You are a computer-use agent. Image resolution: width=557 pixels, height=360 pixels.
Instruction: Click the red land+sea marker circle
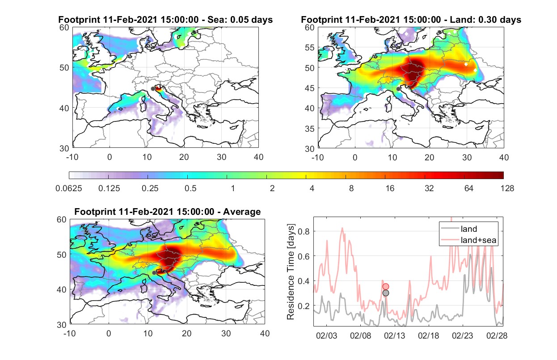[x=386, y=287]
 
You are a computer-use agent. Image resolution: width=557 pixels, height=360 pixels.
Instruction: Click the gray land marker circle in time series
[x=386, y=293]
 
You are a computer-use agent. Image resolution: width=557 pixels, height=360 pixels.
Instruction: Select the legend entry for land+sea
[x=468, y=240]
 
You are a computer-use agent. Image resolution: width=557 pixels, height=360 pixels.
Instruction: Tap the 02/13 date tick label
[x=394, y=336]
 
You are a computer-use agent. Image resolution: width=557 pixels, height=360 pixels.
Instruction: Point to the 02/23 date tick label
[x=463, y=336]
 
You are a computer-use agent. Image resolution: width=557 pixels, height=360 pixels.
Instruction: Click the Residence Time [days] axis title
[x=291, y=272]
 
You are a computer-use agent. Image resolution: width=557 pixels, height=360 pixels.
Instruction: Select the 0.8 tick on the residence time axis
[x=304, y=231]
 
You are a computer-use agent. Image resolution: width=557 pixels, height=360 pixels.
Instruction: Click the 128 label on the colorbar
[x=507, y=188]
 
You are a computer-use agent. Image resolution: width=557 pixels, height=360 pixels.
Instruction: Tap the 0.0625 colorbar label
[x=69, y=188]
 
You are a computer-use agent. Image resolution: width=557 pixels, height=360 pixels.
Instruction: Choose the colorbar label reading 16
[x=390, y=188]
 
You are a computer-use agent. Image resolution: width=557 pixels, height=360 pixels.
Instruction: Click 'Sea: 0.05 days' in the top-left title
[x=240, y=20]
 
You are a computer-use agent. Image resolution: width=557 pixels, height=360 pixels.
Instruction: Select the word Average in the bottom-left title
[x=242, y=212]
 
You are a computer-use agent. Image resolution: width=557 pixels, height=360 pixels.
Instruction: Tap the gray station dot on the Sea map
[x=153, y=89]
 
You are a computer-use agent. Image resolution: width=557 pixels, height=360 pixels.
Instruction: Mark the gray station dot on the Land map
[x=398, y=89]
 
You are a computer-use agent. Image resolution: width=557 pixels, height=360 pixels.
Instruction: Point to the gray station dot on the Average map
[x=154, y=272]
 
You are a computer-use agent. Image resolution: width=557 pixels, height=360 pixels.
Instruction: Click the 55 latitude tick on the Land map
[x=310, y=47]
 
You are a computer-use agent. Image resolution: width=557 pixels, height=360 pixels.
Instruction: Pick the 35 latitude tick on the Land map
[x=310, y=129]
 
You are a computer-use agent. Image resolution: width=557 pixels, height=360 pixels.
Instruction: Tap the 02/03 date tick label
[x=326, y=336]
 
